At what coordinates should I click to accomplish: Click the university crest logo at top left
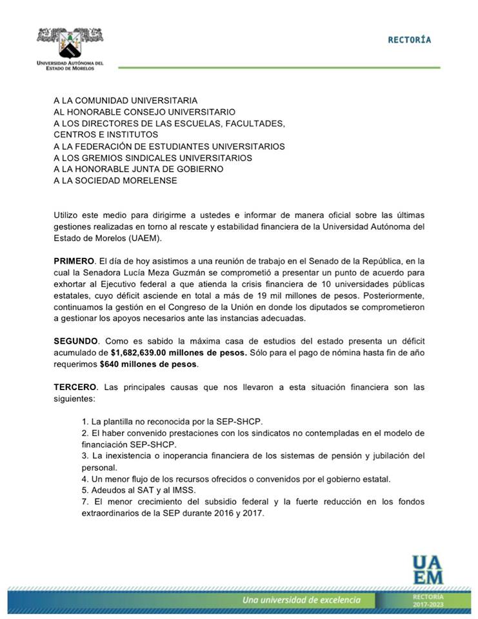[70, 41]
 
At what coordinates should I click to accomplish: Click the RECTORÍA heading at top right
[409, 40]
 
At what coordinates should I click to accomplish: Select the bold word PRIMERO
[74, 260]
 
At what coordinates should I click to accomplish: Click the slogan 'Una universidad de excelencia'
[301, 600]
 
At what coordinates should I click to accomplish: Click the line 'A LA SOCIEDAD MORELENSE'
[115, 181]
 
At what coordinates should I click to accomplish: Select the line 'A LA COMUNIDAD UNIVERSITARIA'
[126, 101]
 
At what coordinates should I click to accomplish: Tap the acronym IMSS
[170, 490]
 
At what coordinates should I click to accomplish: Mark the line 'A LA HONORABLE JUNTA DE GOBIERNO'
[139, 169]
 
